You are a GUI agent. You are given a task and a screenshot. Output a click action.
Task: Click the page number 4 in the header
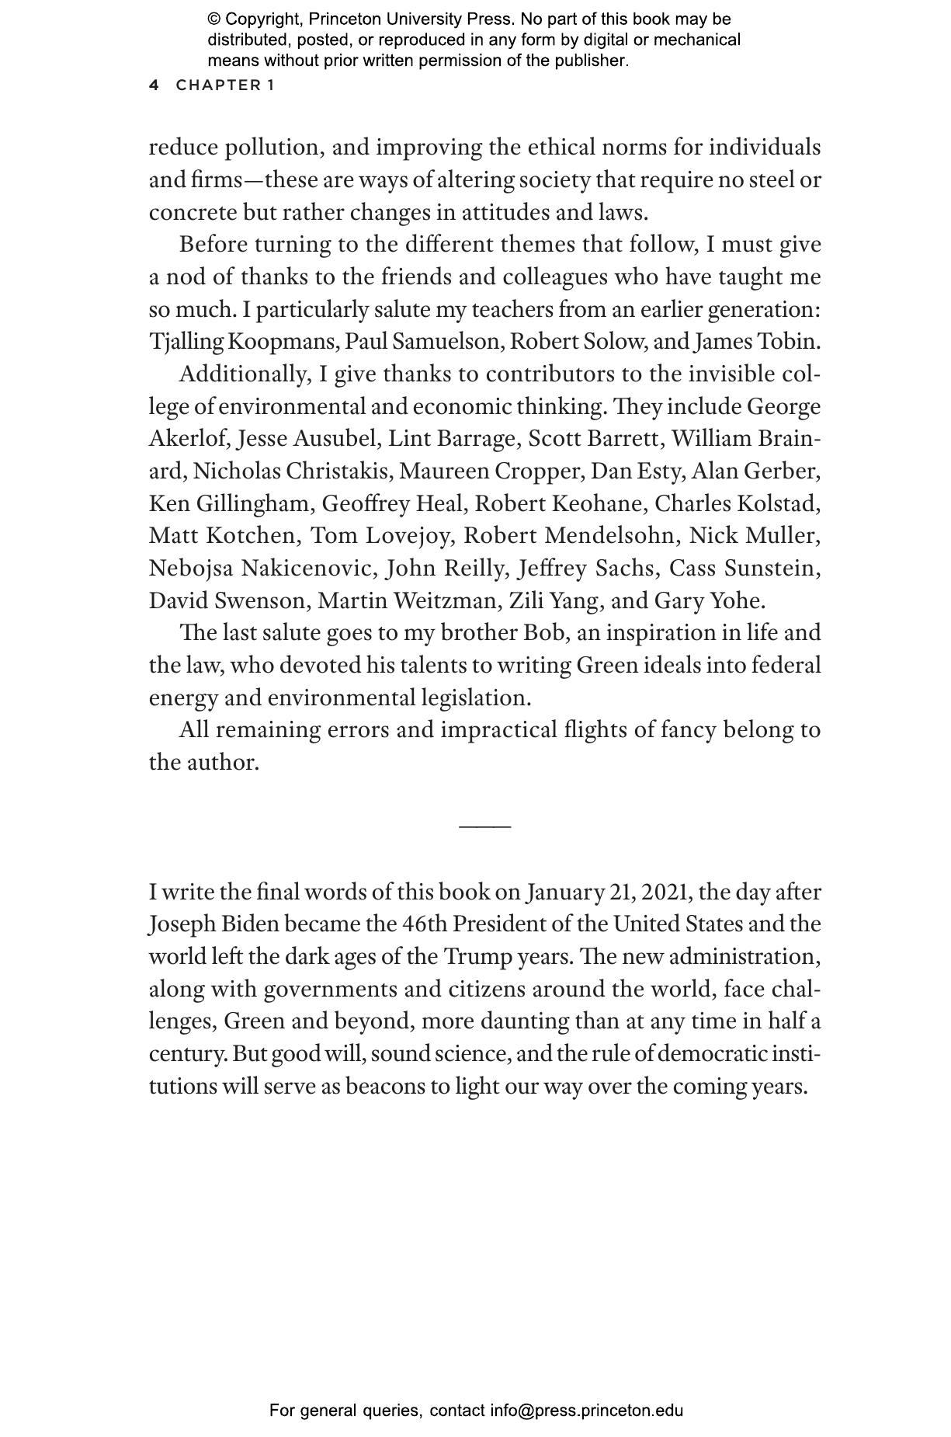point(154,85)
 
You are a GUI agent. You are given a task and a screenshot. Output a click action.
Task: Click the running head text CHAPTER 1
point(225,85)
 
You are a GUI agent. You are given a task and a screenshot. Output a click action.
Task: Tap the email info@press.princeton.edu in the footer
point(586,1411)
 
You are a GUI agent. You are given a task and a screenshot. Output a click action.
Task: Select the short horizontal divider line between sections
point(484,826)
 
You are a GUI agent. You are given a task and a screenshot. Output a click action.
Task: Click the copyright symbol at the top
point(213,19)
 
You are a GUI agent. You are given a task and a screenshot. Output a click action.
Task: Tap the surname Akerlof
point(189,439)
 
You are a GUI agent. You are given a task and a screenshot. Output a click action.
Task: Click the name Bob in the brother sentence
point(543,633)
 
